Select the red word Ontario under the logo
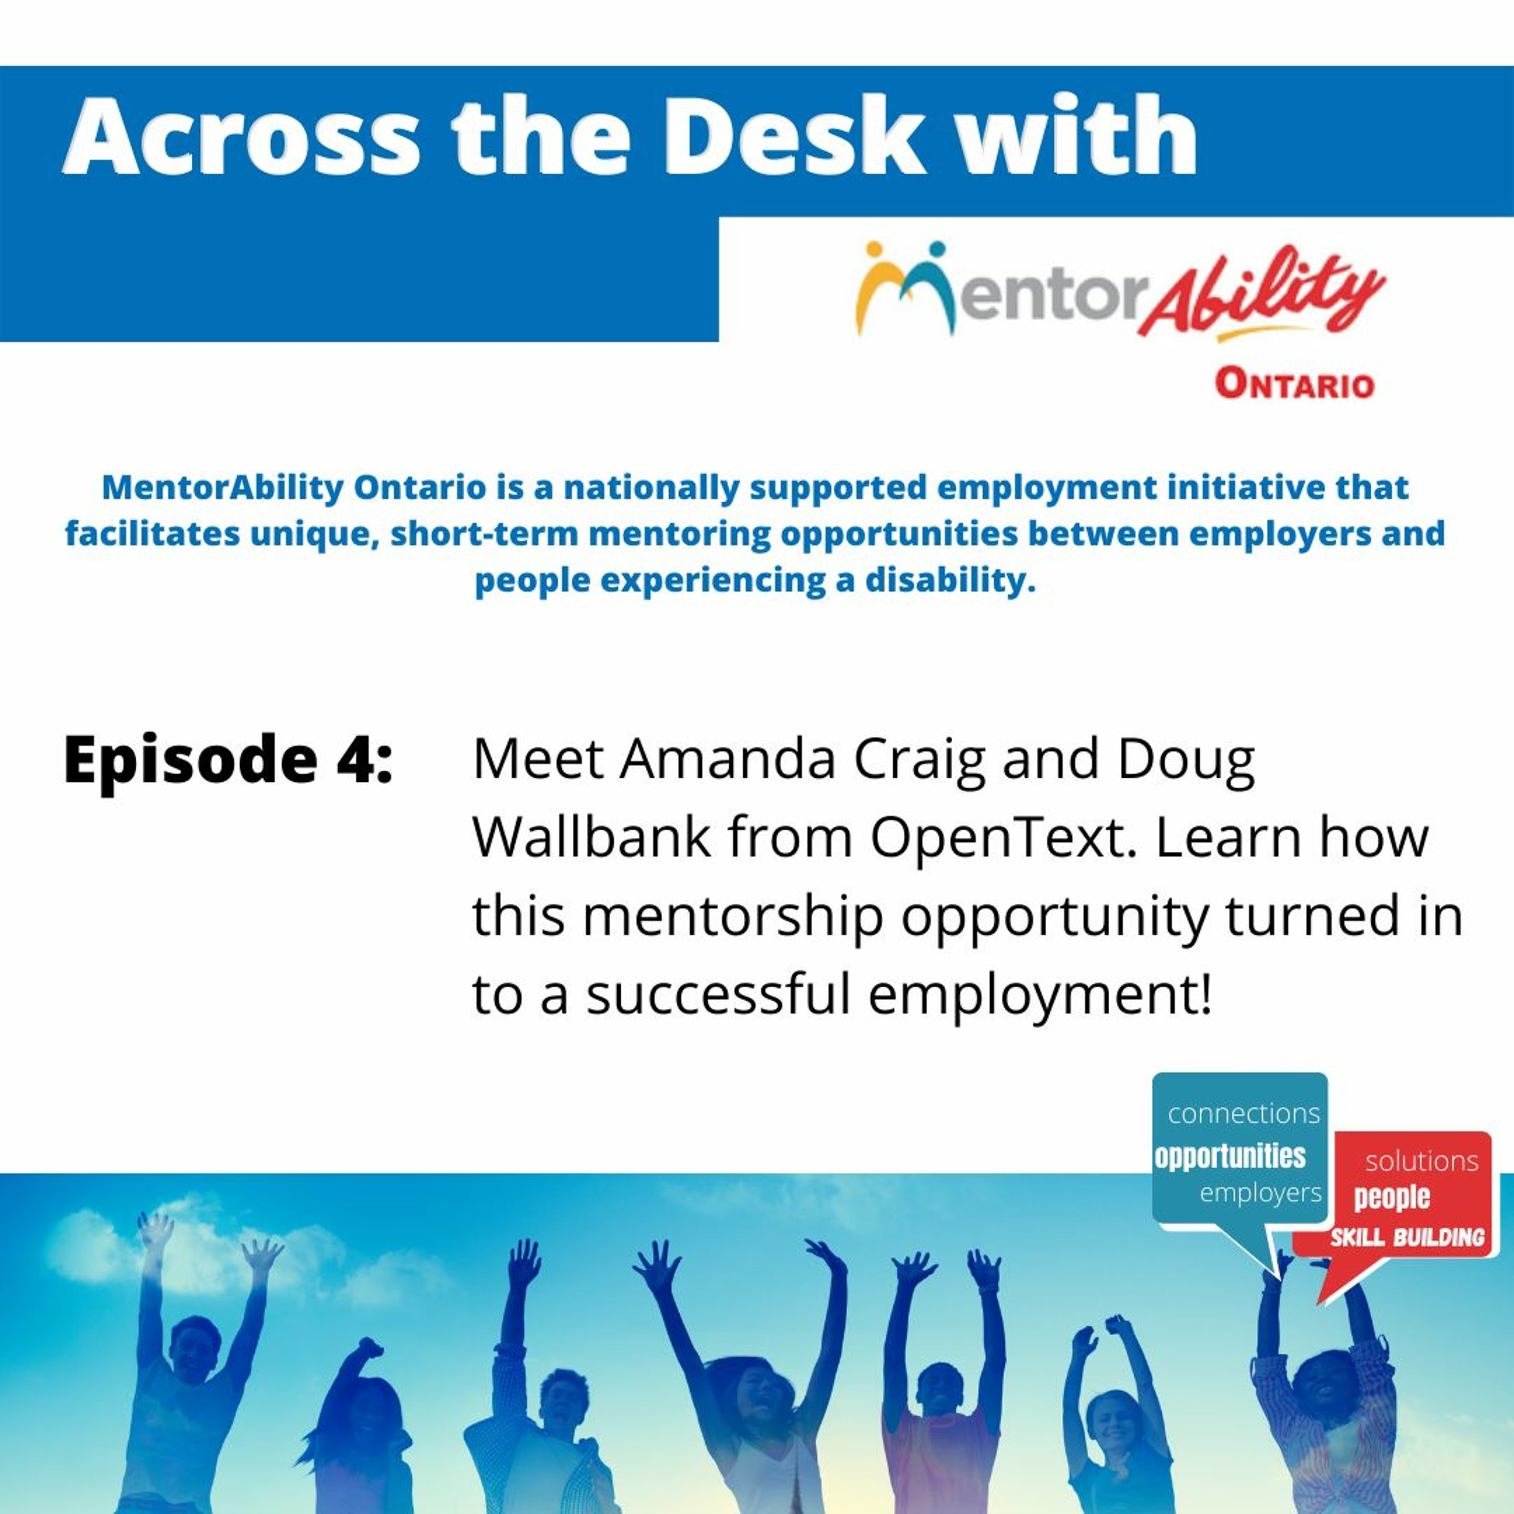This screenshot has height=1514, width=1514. (x=1294, y=385)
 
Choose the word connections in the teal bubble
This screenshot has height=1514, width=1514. (x=1243, y=1113)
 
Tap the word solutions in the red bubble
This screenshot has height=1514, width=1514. (x=1422, y=1161)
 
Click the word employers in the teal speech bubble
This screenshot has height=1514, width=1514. (x=1260, y=1193)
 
